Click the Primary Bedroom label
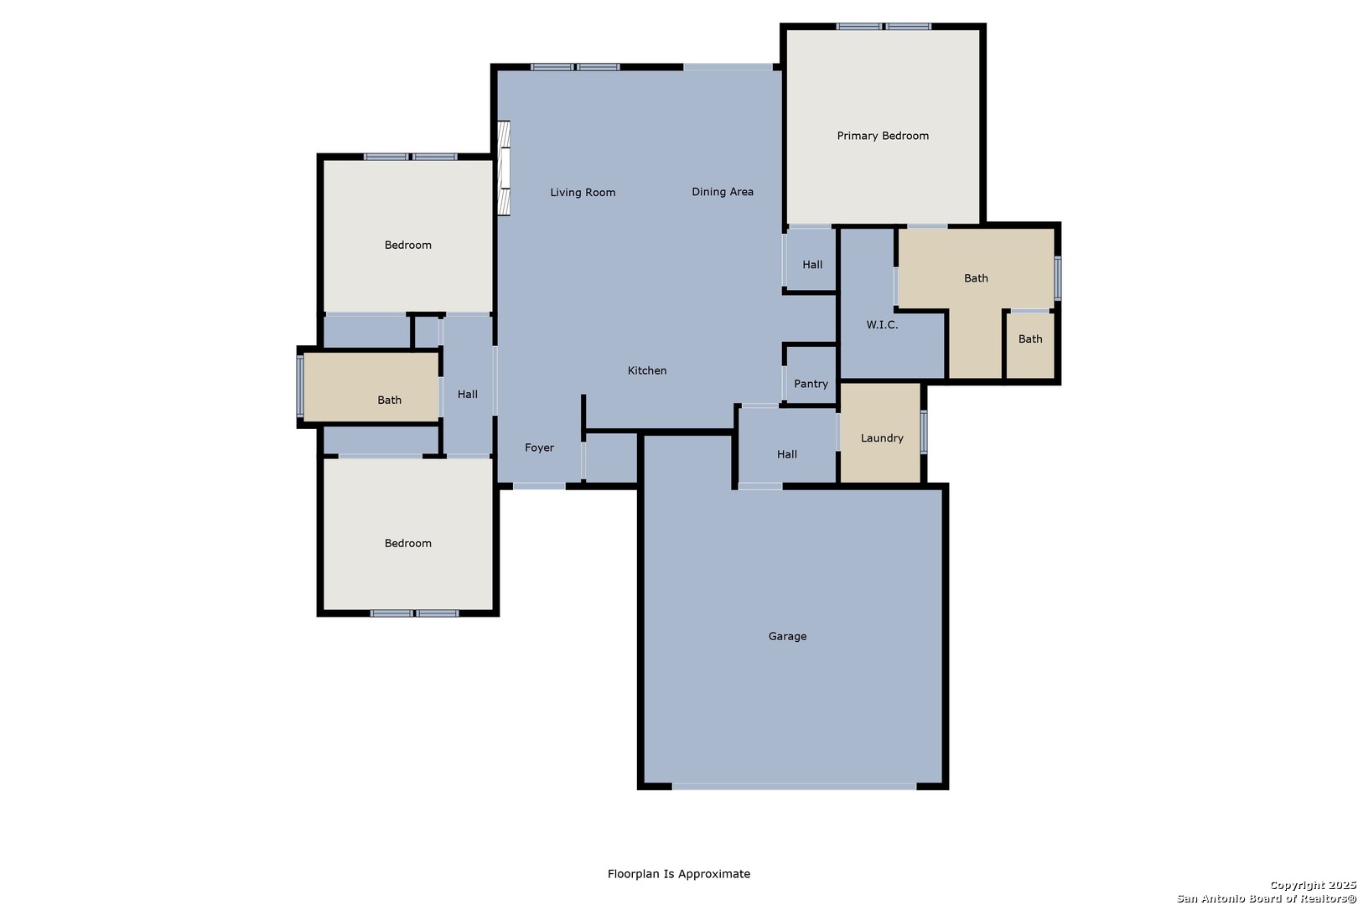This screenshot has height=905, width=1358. click(883, 136)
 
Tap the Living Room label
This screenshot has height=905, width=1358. click(583, 193)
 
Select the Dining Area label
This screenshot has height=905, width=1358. click(723, 192)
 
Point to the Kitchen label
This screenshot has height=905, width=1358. click(647, 370)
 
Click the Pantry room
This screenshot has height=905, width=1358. click(811, 374)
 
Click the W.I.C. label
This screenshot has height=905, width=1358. click(882, 325)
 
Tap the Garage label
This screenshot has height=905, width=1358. click(787, 637)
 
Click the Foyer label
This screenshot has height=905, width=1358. click(539, 448)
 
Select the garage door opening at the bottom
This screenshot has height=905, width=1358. click(794, 786)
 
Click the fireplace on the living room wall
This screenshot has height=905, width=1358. click(503, 168)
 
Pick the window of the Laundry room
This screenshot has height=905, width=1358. click(924, 432)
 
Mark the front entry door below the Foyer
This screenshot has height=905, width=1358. click(539, 486)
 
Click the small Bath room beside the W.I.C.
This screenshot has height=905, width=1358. click(1030, 345)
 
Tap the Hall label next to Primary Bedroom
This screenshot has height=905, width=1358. click(812, 265)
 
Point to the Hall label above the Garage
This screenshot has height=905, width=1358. click(787, 455)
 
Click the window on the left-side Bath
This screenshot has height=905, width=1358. click(300, 386)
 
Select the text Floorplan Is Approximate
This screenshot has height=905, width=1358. click(679, 874)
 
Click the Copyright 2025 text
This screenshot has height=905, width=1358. click(1313, 886)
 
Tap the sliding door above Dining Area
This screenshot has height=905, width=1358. click(728, 67)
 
